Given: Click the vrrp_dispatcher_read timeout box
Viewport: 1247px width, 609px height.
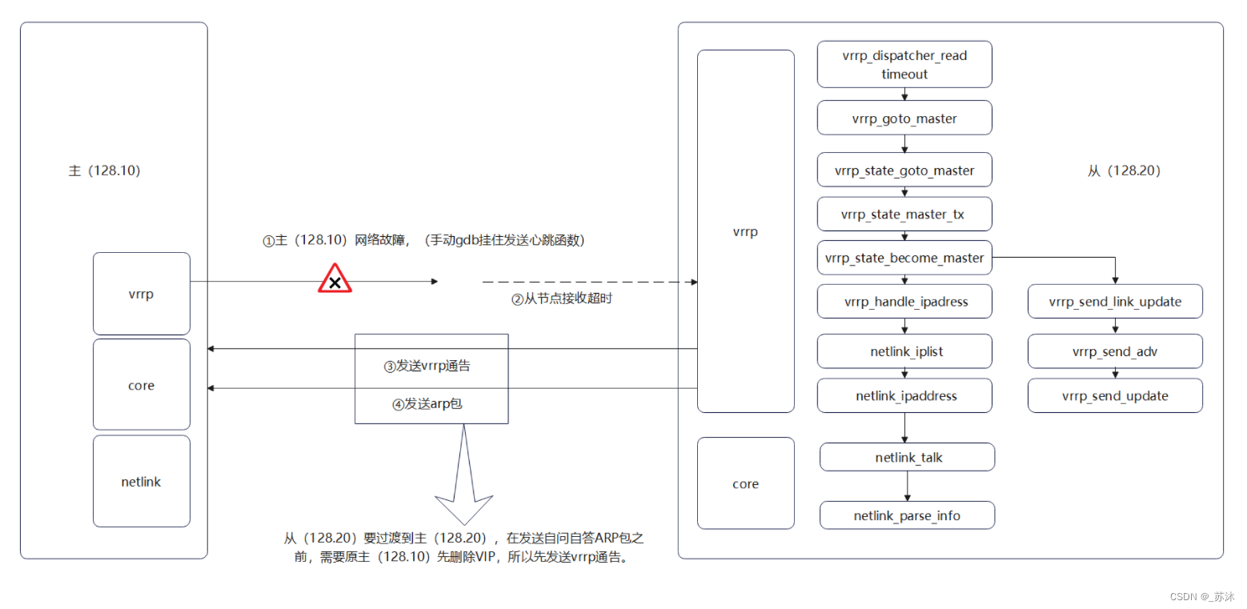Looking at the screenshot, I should tap(904, 64).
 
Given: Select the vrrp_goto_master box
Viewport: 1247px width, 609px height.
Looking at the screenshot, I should tap(904, 118).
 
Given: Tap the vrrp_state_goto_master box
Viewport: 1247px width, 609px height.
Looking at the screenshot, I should tap(904, 170).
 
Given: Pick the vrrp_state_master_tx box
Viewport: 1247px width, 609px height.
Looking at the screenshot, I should tap(904, 214).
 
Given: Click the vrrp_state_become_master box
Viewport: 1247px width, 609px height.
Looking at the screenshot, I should tap(904, 258).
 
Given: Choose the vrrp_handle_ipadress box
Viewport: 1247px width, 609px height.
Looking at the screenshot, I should tap(905, 302).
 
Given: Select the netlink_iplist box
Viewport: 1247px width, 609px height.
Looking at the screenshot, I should tap(905, 351).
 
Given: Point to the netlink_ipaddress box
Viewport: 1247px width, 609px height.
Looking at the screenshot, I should tap(905, 395).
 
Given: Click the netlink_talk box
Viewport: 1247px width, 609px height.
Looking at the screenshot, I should tap(907, 457).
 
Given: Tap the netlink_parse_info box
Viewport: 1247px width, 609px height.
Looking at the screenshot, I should tap(907, 515).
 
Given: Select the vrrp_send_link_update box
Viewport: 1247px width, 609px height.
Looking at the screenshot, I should tap(1115, 302).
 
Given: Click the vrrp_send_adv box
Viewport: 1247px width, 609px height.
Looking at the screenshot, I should tap(1115, 351).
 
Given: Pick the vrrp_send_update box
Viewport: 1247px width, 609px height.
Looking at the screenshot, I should tap(1115, 395).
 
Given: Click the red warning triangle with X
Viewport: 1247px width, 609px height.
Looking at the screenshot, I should tap(335, 280).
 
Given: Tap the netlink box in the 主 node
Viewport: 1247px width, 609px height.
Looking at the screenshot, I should tap(142, 481).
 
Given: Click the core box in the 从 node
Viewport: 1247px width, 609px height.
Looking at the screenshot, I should tap(745, 483).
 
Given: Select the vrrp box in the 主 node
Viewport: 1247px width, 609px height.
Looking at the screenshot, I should tap(142, 294).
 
